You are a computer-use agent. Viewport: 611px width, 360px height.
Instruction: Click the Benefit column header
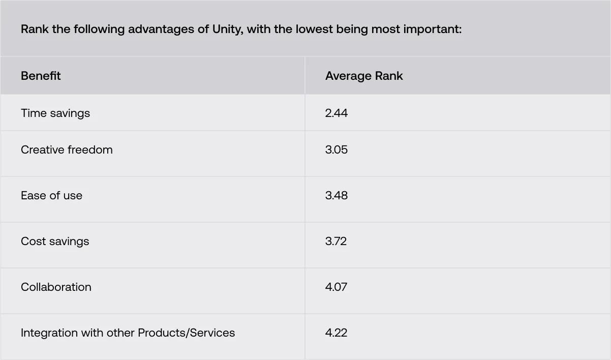click(41, 76)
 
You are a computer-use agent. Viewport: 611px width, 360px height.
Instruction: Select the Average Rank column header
click(364, 76)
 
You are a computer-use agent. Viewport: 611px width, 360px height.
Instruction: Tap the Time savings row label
click(55, 113)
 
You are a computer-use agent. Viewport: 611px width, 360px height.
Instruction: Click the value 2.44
click(337, 113)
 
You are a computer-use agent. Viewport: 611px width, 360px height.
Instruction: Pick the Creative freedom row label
click(67, 149)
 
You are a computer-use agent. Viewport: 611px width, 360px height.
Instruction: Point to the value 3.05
click(337, 149)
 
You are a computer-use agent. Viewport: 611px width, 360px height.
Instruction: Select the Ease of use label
click(51, 195)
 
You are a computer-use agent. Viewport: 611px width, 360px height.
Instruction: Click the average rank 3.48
click(337, 195)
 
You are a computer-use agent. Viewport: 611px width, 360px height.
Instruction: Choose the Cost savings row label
click(55, 242)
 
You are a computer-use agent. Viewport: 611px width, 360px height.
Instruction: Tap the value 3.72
click(336, 242)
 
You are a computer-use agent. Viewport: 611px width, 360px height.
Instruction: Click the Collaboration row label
click(56, 287)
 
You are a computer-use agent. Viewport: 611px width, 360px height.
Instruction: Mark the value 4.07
click(336, 287)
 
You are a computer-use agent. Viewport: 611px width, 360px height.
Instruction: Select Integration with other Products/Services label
click(128, 333)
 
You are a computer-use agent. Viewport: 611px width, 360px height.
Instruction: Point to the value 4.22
click(336, 333)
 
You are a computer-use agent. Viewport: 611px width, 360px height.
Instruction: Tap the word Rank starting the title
click(35, 29)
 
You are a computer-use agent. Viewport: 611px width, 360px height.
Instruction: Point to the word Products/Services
click(187, 333)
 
